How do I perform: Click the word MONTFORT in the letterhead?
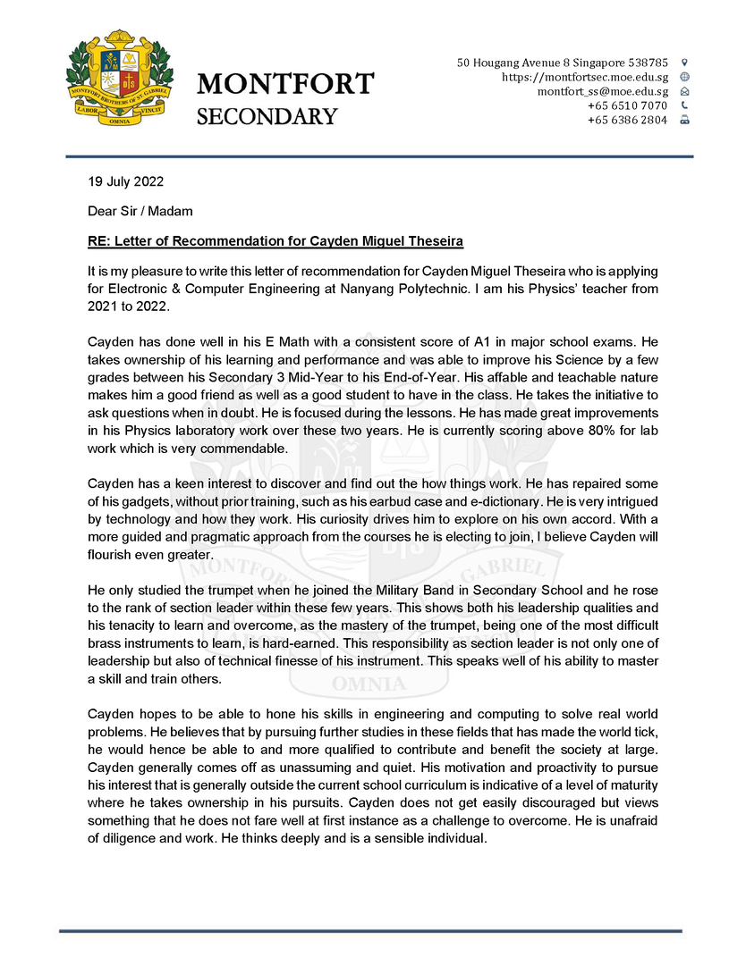pyautogui.click(x=285, y=84)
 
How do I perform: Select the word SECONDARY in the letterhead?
pyautogui.click(x=267, y=117)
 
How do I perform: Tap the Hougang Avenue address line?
pyautogui.click(x=562, y=63)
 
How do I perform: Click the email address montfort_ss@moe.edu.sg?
pyautogui.click(x=602, y=91)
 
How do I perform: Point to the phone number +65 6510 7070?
pyautogui.click(x=627, y=105)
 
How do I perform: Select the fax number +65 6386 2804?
pyautogui.click(x=627, y=120)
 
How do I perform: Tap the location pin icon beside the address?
pyautogui.click(x=685, y=63)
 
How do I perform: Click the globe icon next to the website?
pyautogui.click(x=685, y=77)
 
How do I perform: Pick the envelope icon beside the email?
pyautogui.click(x=685, y=91)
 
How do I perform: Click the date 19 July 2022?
pyautogui.click(x=125, y=182)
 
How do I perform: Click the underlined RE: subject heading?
pyautogui.click(x=276, y=241)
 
